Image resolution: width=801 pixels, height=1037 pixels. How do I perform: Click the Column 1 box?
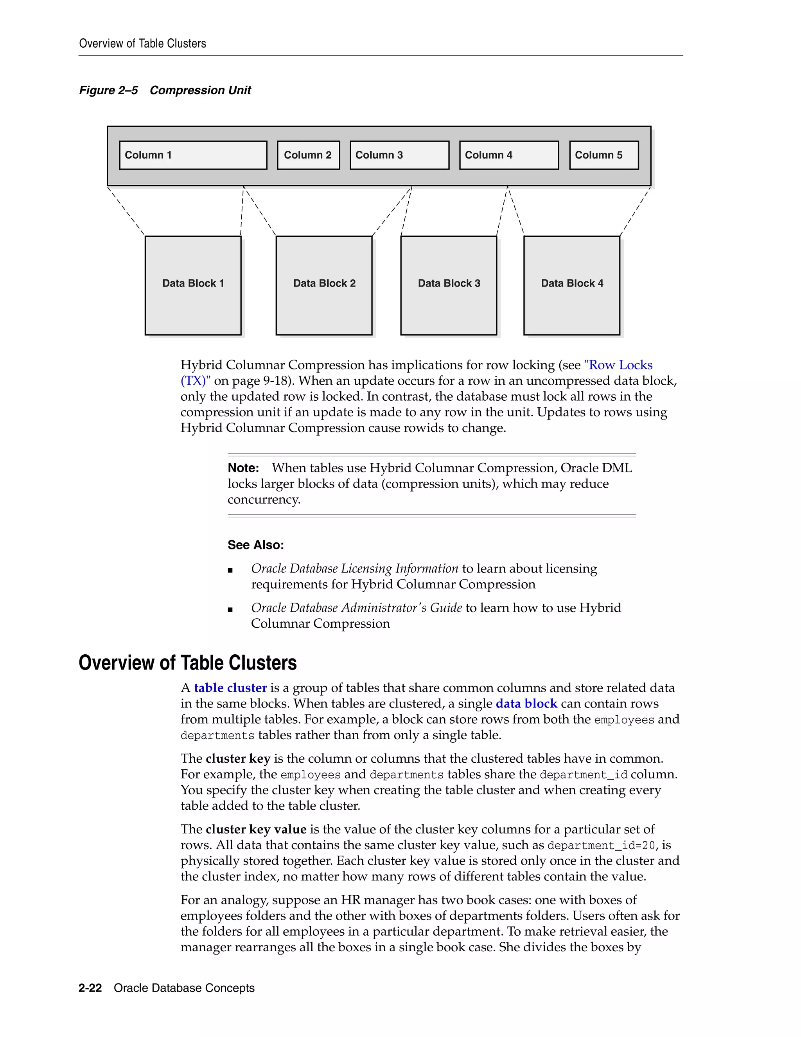pyautogui.click(x=193, y=155)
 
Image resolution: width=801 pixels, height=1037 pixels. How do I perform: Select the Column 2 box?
pyautogui.click(x=309, y=155)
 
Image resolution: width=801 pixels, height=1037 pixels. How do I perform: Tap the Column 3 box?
pyautogui.click(x=399, y=155)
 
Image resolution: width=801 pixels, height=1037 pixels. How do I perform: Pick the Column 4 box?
pyautogui.click(x=509, y=155)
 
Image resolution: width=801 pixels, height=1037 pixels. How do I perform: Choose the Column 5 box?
pyautogui.click(x=603, y=155)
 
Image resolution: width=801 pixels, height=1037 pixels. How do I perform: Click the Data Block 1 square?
pyautogui.click(x=193, y=285)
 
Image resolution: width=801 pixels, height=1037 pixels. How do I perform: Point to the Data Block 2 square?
pyautogui.click(x=324, y=285)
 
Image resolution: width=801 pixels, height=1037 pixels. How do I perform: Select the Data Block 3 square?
pyautogui.click(x=449, y=285)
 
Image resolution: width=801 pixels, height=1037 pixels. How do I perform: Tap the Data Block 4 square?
pyautogui.click(x=572, y=285)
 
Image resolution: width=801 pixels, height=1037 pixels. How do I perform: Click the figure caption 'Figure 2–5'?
pyautogui.click(x=109, y=90)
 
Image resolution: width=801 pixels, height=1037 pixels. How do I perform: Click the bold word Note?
pyautogui.click(x=243, y=468)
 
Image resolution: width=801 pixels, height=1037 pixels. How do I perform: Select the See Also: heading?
pyautogui.click(x=256, y=545)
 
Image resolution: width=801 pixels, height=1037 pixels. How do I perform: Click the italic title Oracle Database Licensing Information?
pyautogui.click(x=354, y=569)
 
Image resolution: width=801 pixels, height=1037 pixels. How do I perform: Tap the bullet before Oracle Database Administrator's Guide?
pyautogui.click(x=231, y=610)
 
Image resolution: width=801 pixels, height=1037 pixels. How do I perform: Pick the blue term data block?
pyautogui.click(x=526, y=704)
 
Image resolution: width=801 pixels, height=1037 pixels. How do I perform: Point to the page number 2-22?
pyautogui.click(x=90, y=988)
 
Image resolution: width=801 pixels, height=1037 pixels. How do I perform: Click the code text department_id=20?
pyautogui.click(x=601, y=846)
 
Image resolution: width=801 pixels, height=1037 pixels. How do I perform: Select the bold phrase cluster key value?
pyautogui.click(x=256, y=830)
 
